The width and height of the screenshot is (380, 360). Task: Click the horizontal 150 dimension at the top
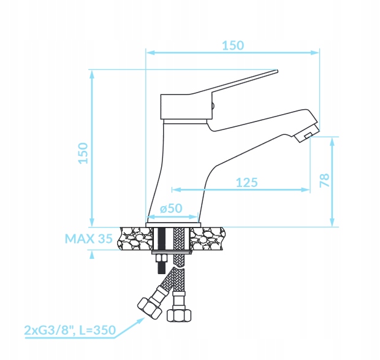[233, 45]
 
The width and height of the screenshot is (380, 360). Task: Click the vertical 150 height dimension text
[83, 153]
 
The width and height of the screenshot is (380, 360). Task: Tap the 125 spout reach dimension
[247, 183]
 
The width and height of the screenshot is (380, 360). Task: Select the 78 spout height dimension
[324, 180]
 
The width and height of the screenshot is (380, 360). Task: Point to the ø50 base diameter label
[171, 209]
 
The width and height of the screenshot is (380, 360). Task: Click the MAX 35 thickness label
[89, 239]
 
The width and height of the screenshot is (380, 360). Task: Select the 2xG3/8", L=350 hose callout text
[70, 330]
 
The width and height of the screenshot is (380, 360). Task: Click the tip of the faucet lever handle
[277, 71]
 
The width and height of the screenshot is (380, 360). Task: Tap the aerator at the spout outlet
[306, 134]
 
